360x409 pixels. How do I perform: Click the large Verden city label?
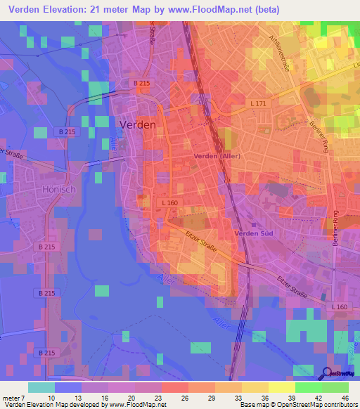tap(139, 124)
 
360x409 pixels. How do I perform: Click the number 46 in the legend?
tap(345, 397)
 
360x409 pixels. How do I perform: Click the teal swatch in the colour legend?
tap(41, 387)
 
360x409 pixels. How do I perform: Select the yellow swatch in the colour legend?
tap(281, 387)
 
